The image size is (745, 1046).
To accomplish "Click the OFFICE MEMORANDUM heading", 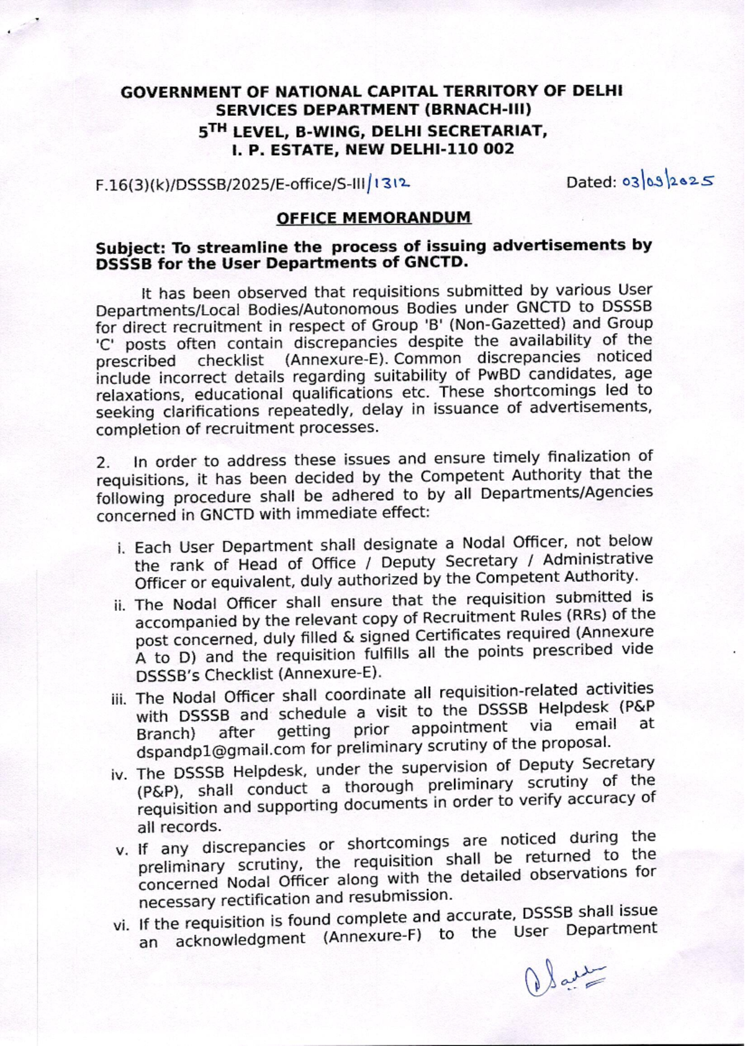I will (x=373, y=218).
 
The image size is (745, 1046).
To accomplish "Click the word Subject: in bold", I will (x=130, y=248).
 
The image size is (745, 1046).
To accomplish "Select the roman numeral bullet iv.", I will (x=119, y=775).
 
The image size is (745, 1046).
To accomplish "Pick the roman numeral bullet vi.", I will (x=119, y=926).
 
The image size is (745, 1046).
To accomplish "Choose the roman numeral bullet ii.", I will (x=120, y=605).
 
